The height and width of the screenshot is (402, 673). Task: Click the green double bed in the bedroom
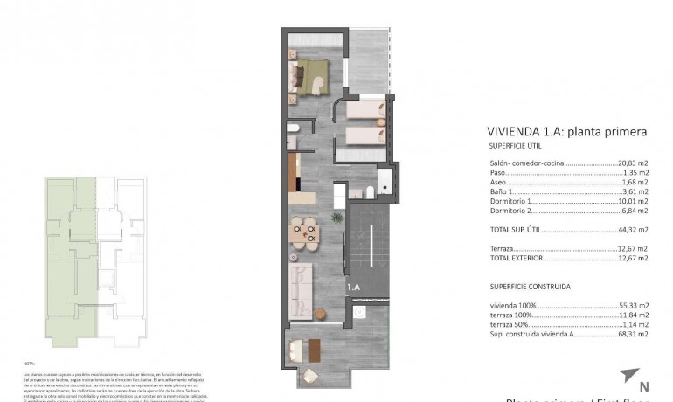coord(309,75)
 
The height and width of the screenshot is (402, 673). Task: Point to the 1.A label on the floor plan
coord(354,286)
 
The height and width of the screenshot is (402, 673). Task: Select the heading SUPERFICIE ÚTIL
coord(516,146)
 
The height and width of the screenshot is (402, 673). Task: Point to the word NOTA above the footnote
coord(29,362)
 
